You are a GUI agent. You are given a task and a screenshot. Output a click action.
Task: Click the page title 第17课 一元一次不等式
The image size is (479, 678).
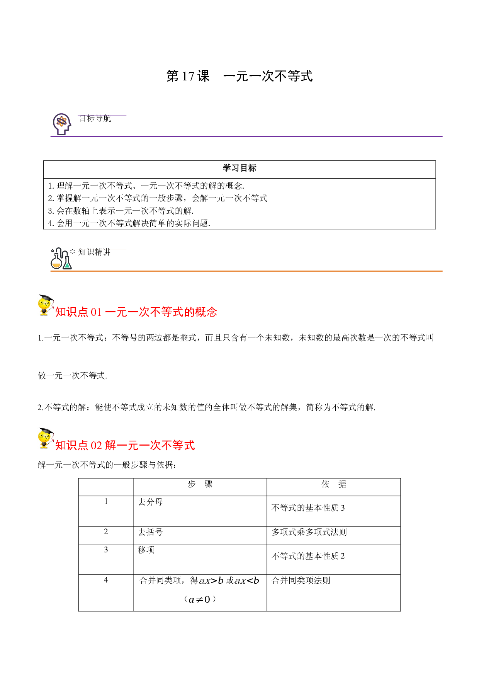coord(239,76)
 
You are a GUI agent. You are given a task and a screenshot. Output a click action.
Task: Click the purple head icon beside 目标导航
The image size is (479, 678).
coord(62,124)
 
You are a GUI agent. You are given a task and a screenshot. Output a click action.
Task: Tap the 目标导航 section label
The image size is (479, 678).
coord(95,119)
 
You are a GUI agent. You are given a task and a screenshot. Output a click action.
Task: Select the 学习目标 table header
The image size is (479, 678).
coord(239,168)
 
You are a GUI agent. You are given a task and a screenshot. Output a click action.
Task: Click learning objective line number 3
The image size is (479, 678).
coord(121,211)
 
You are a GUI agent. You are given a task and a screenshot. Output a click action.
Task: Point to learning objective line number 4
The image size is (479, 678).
coord(129,223)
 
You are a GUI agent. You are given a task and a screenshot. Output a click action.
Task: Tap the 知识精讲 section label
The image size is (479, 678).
coord(94,252)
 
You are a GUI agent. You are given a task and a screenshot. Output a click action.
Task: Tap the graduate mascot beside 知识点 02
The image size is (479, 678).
coord(46,438)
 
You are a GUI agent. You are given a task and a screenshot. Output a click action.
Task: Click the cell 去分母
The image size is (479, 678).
coord(150,502)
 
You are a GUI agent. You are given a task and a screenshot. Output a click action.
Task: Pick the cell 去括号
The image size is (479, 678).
coord(150,532)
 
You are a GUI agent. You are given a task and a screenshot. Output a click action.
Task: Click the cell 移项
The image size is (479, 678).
coord(146,550)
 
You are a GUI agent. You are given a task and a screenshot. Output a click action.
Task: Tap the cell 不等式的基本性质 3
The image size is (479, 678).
coord(308,508)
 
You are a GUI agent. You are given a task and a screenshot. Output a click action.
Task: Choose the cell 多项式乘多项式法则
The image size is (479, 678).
coord(309,532)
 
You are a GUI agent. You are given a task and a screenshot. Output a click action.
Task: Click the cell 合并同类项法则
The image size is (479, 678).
coord(301,581)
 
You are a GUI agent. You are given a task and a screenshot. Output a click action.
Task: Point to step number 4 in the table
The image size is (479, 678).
coord(106,580)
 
